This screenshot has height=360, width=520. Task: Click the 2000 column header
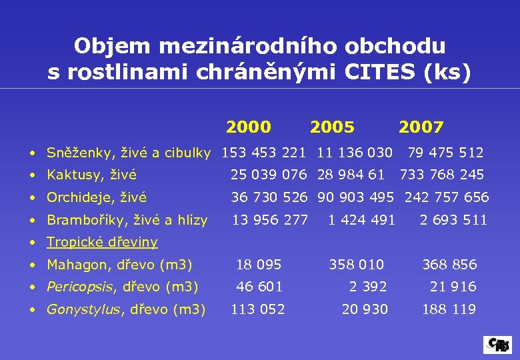[x=248, y=127]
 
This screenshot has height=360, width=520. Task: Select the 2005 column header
[x=332, y=127]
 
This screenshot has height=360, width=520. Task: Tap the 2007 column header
[x=421, y=127]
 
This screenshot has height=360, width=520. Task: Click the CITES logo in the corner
[x=497, y=345]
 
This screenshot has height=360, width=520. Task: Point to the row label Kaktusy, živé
[x=91, y=175]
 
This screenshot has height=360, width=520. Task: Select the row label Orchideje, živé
[x=97, y=197]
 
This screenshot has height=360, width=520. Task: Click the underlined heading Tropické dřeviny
[x=102, y=241]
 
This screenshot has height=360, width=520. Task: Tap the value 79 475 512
[x=445, y=153]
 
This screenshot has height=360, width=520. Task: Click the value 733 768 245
[x=442, y=175]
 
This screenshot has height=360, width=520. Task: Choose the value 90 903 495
[x=355, y=197]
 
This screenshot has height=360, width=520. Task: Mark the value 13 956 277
[x=269, y=219]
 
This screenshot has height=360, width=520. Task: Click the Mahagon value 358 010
[x=357, y=264]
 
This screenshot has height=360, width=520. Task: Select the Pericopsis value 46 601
[x=260, y=287]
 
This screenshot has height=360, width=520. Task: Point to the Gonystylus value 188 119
[x=449, y=309]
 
